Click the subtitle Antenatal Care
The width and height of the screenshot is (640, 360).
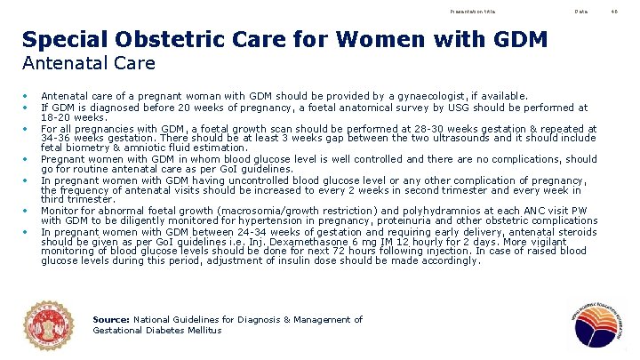point(89,63)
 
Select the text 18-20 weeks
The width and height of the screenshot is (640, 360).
point(61,116)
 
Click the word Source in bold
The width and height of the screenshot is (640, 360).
point(111,319)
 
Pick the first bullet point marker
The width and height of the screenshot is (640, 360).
point(27,96)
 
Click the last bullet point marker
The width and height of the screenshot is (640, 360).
point(27,230)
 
